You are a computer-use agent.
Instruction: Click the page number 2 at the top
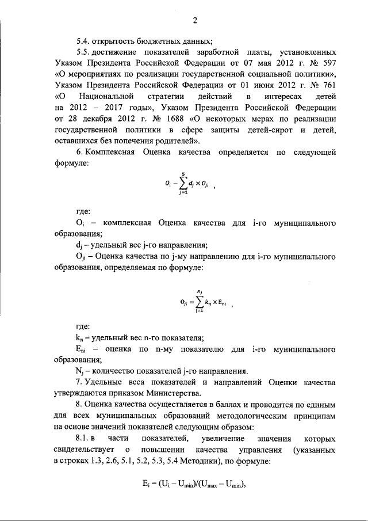[x=195, y=21]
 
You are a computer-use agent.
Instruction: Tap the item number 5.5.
[x=83, y=51]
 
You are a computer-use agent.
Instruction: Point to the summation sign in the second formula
[x=199, y=299]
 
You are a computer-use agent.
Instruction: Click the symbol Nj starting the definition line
[x=79, y=371]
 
